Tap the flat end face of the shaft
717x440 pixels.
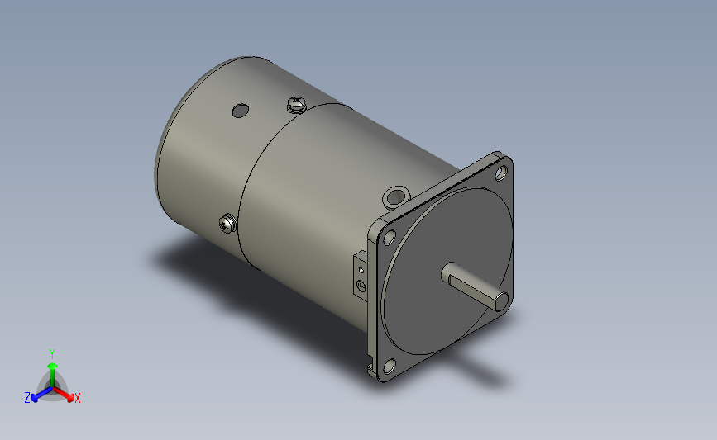[x=502, y=301]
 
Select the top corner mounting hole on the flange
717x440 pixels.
[x=500, y=173]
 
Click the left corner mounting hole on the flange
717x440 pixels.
[x=390, y=238]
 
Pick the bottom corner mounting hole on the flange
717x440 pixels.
[x=390, y=366]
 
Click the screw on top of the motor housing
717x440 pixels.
[x=296, y=104]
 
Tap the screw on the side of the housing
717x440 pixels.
[x=227, y=223]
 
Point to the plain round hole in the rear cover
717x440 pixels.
[x=241, y=111]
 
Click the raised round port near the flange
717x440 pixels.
[x=395, y=196]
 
